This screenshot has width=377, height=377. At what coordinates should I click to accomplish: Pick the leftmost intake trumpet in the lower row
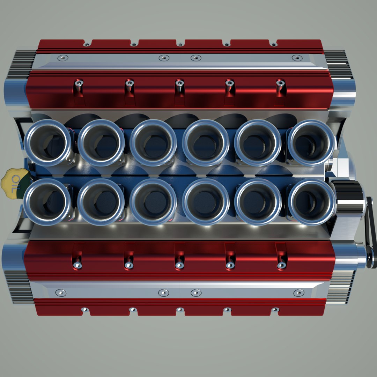[47, 202]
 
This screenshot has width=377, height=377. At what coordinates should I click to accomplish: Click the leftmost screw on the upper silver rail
[62, 58]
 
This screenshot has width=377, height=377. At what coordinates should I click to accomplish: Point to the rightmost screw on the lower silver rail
[298, 293]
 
